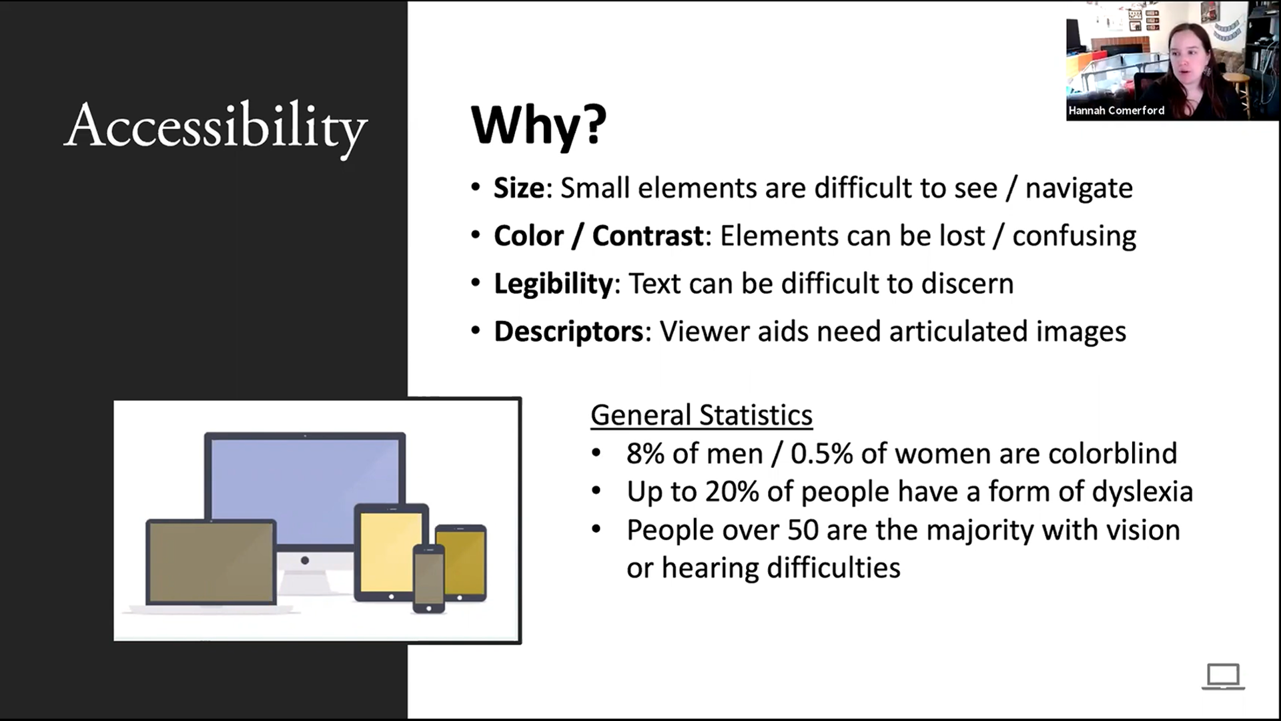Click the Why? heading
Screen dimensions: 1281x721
(539, 124)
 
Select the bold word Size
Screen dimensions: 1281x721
(519, 188)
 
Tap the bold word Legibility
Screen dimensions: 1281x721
(553, 284)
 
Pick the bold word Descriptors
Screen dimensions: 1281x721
(568, 331)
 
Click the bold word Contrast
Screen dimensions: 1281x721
(648, 236)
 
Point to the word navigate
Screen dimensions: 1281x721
(1079, 189)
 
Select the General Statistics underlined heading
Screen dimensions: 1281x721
(702, 415)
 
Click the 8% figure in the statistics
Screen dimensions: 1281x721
(645, 453)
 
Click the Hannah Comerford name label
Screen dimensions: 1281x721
(1116, 111)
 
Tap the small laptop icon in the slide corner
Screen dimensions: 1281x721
(1223, 676)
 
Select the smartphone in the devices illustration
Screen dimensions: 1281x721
(428, 578)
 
